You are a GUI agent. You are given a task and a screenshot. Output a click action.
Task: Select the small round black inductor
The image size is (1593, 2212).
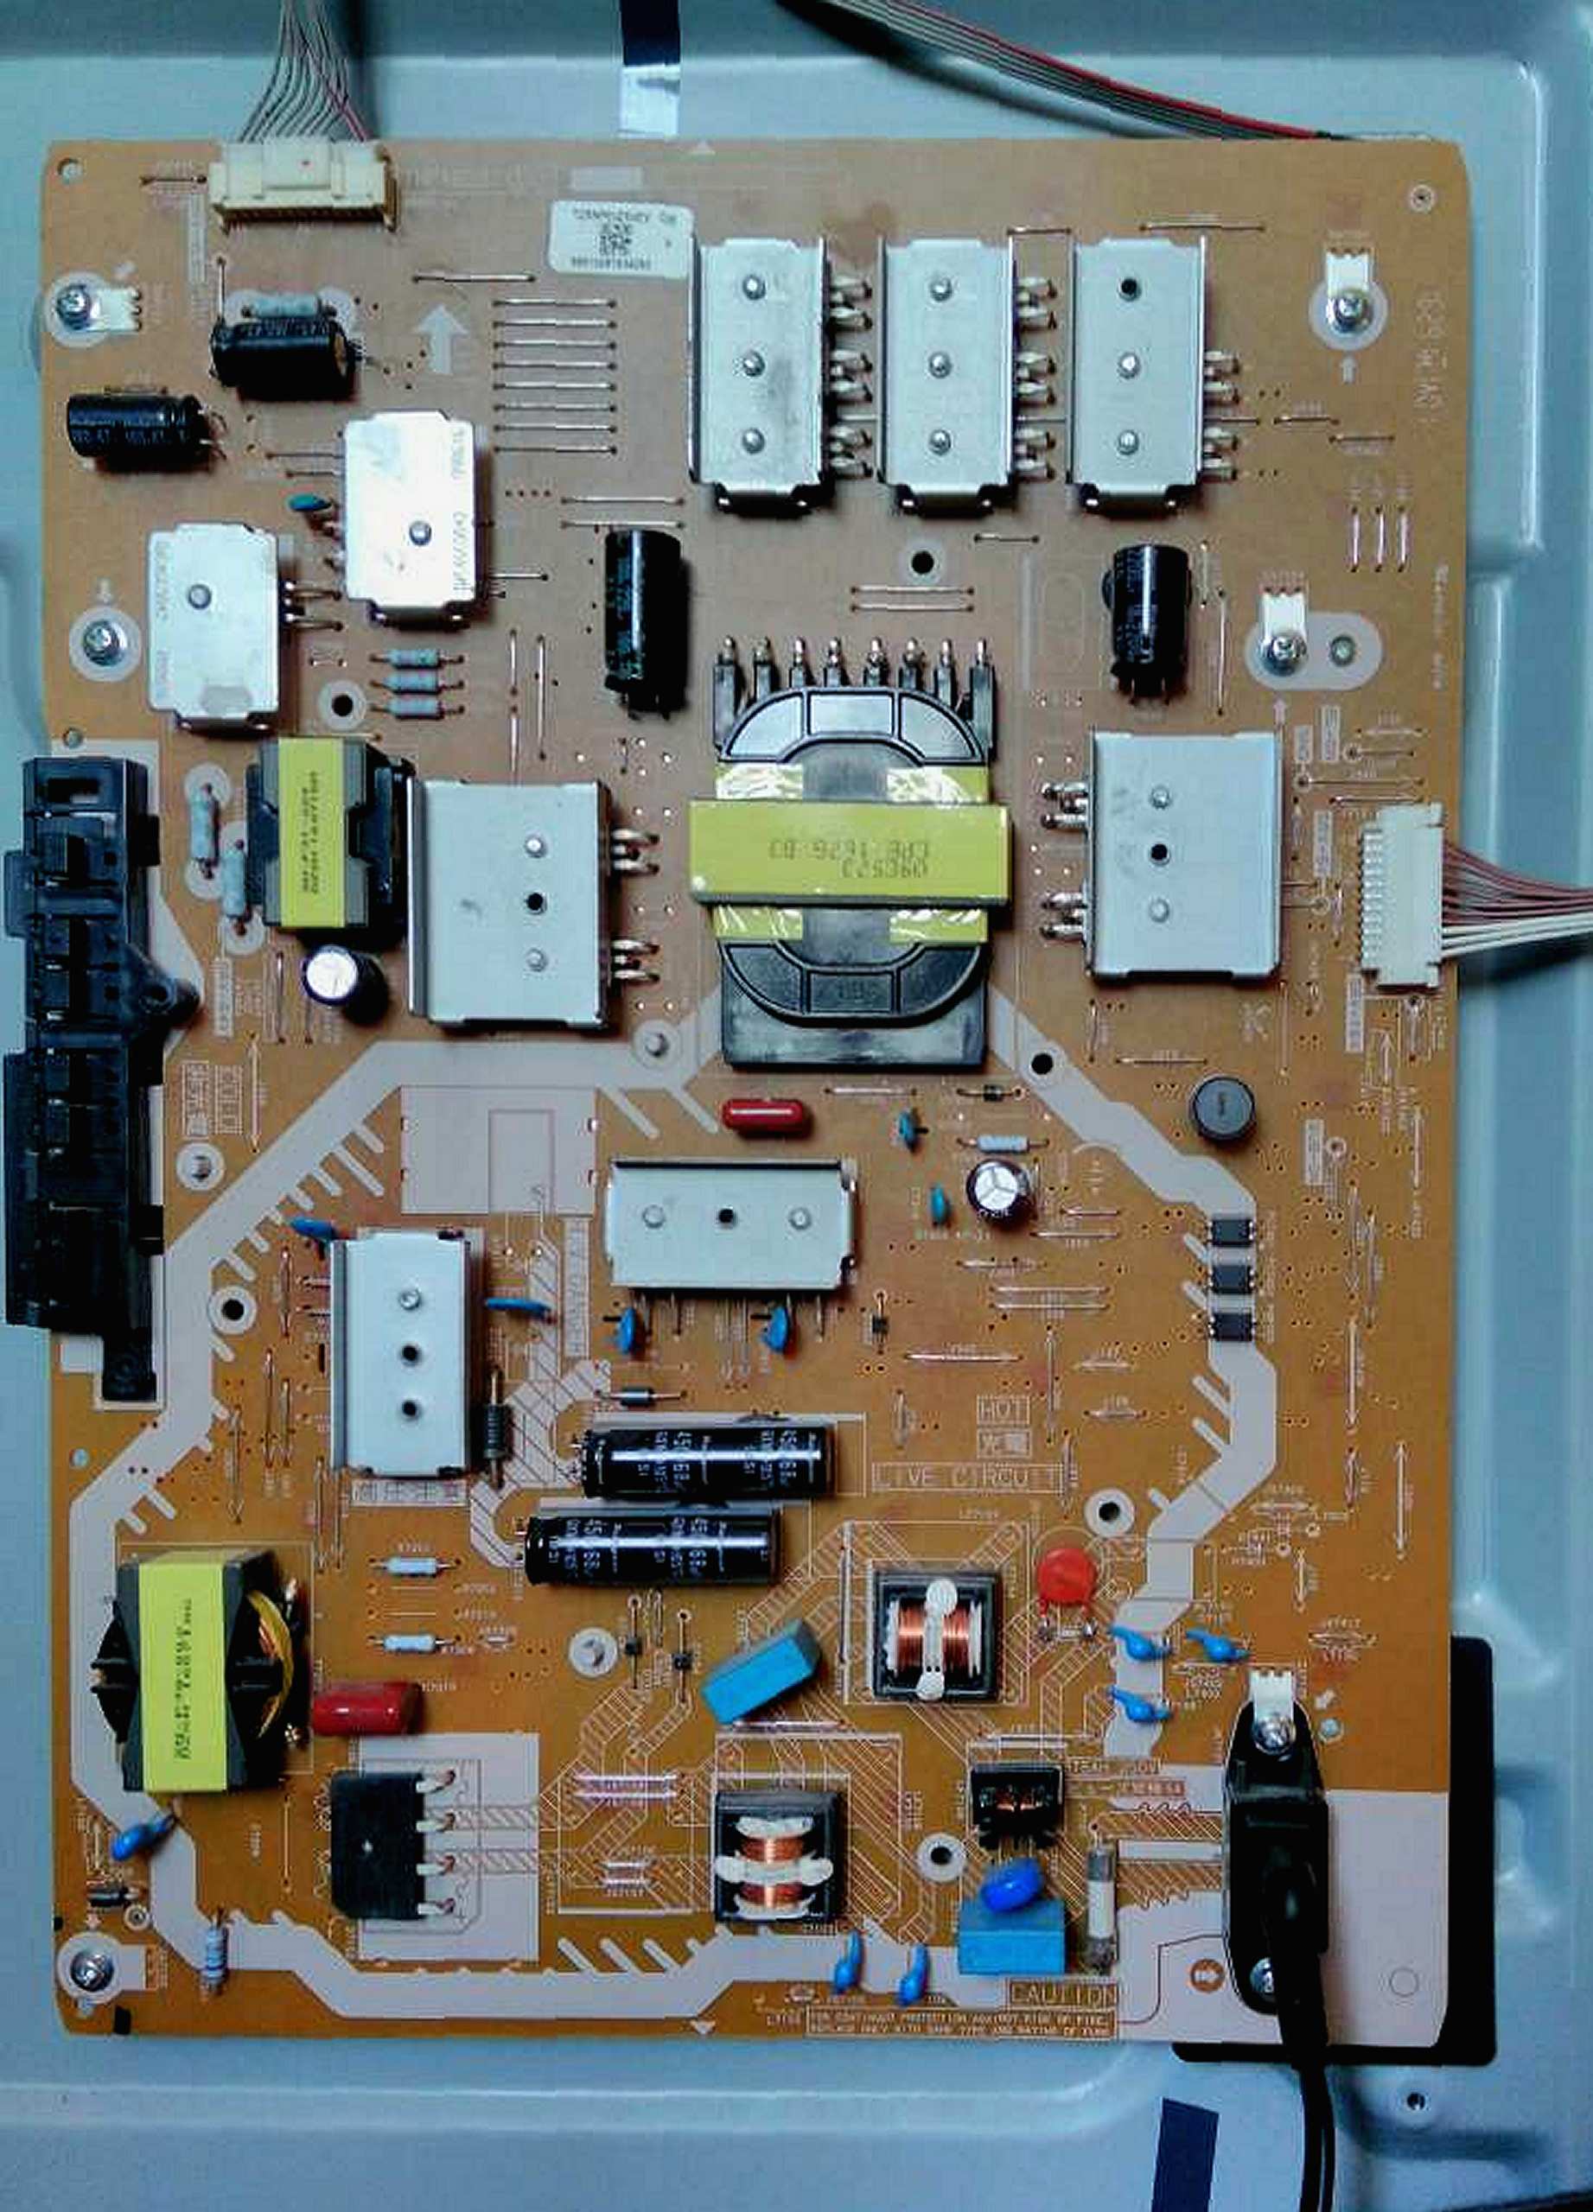(1220, 1104)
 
